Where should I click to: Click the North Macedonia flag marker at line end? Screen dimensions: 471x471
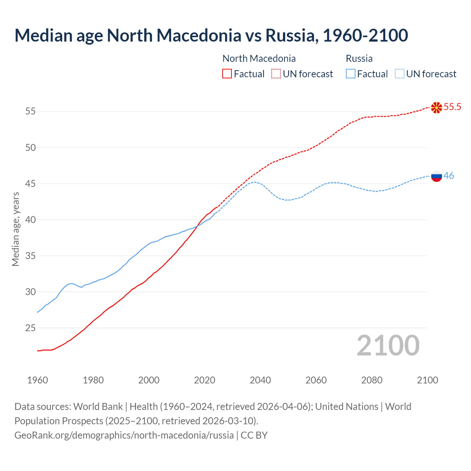pyautogui.click(x=436, y=107)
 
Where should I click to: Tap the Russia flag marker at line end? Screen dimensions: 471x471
pyautogui.click(x=436, y=176)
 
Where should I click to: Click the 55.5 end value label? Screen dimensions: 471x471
pyautogui.click(x=452, y=107)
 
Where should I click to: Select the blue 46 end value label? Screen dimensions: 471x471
pyautogui.click(x=449, y=176)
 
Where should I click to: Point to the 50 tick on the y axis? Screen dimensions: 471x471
pyautogui.click(x=31, y=148)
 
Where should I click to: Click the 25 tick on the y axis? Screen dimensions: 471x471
pyautogui.click(x=31, y=328)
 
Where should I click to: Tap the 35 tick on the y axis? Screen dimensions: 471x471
pyautogui.click(x=31, y=256)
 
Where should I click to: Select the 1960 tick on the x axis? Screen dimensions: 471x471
pyautogui.click(x=38, y=380)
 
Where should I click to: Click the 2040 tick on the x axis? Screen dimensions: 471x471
pyautogui.click(x=260, y=380)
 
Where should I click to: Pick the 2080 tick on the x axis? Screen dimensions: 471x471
pyautogui.click(x=372, y=380)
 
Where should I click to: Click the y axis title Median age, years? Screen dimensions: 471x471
pyautogui.click(x=15, y=229)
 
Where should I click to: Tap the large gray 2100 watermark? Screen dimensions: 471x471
pyautogui.click(x=388, y=346)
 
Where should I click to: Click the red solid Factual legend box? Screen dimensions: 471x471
pyautogui.click(x=227, y=74)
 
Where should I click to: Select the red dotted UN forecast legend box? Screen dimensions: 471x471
pyautogui.click(x=276, y=74)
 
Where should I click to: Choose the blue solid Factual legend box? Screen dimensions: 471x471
pyautogui.click(x=351, y=74)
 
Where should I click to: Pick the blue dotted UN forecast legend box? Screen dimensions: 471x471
pyautogui.click(x=399, y=74)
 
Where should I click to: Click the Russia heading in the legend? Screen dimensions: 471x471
pyautogui.click(x=359, y=59)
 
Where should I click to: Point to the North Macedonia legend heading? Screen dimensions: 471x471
pyautogui.click(x=259, y=59)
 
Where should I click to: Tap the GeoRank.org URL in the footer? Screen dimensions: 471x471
pyautogui.click(x=124, y=435)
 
